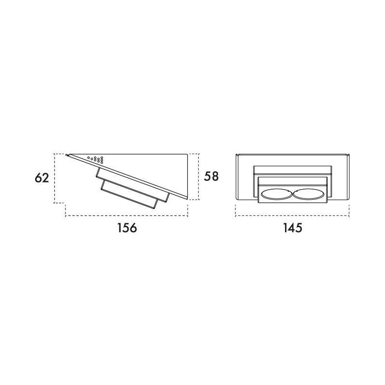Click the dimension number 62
click(x=42, y=178)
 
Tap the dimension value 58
click(x=211, y=176)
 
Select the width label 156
click(x=127, y=228)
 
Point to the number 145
click(x=293, y=228)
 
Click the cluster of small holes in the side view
click(x=95, y=160)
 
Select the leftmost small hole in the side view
click(x=89, y=158)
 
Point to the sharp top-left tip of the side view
click(x=66, y=154)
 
